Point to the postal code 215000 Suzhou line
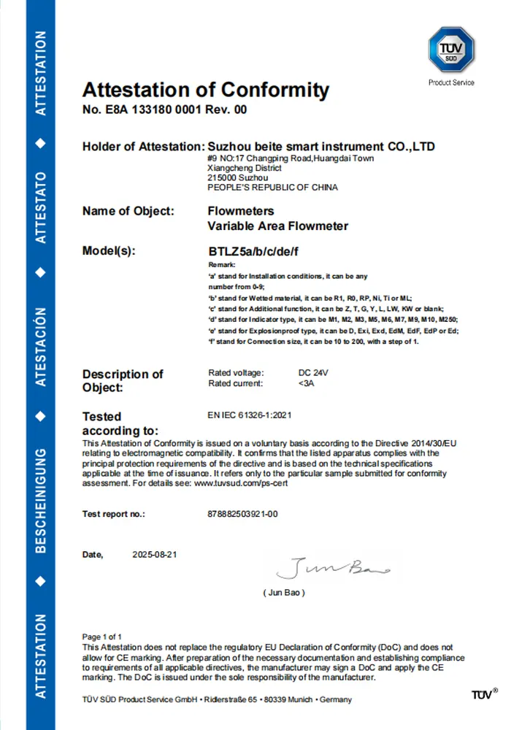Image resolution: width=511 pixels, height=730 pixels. [238, 177]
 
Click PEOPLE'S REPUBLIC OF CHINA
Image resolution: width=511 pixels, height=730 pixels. [272, 188]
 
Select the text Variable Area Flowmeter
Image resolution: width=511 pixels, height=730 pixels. [278, 226]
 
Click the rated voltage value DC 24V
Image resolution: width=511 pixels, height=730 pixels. [315, 373]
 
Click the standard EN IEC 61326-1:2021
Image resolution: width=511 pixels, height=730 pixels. [250, 415]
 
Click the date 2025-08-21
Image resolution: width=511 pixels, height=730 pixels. [155, 555]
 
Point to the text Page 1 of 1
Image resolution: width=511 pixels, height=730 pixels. [102, 637]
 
